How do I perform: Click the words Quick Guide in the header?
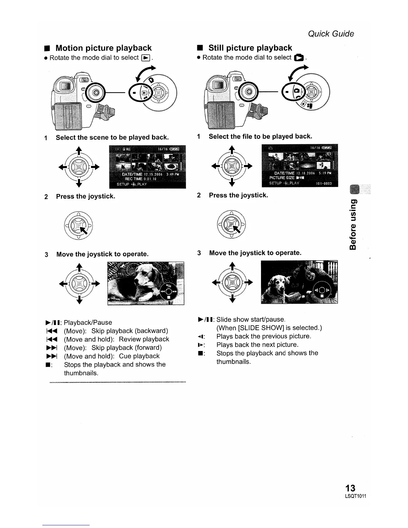pos(331,34)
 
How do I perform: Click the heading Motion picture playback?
pos(103,48)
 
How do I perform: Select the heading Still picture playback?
pos(250,48)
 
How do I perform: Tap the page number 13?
pos(350,488)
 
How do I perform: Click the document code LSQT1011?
pos(355,496)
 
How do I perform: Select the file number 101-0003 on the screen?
pos(323,183)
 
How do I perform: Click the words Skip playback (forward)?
pos(126,348)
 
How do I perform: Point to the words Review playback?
pos(144,339)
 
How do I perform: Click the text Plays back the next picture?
pos(257,345)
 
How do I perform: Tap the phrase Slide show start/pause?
pos(251,319)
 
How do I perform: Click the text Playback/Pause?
pos(88,323)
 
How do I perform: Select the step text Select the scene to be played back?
pos(112,137)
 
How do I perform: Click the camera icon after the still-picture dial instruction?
pos(298,58)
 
